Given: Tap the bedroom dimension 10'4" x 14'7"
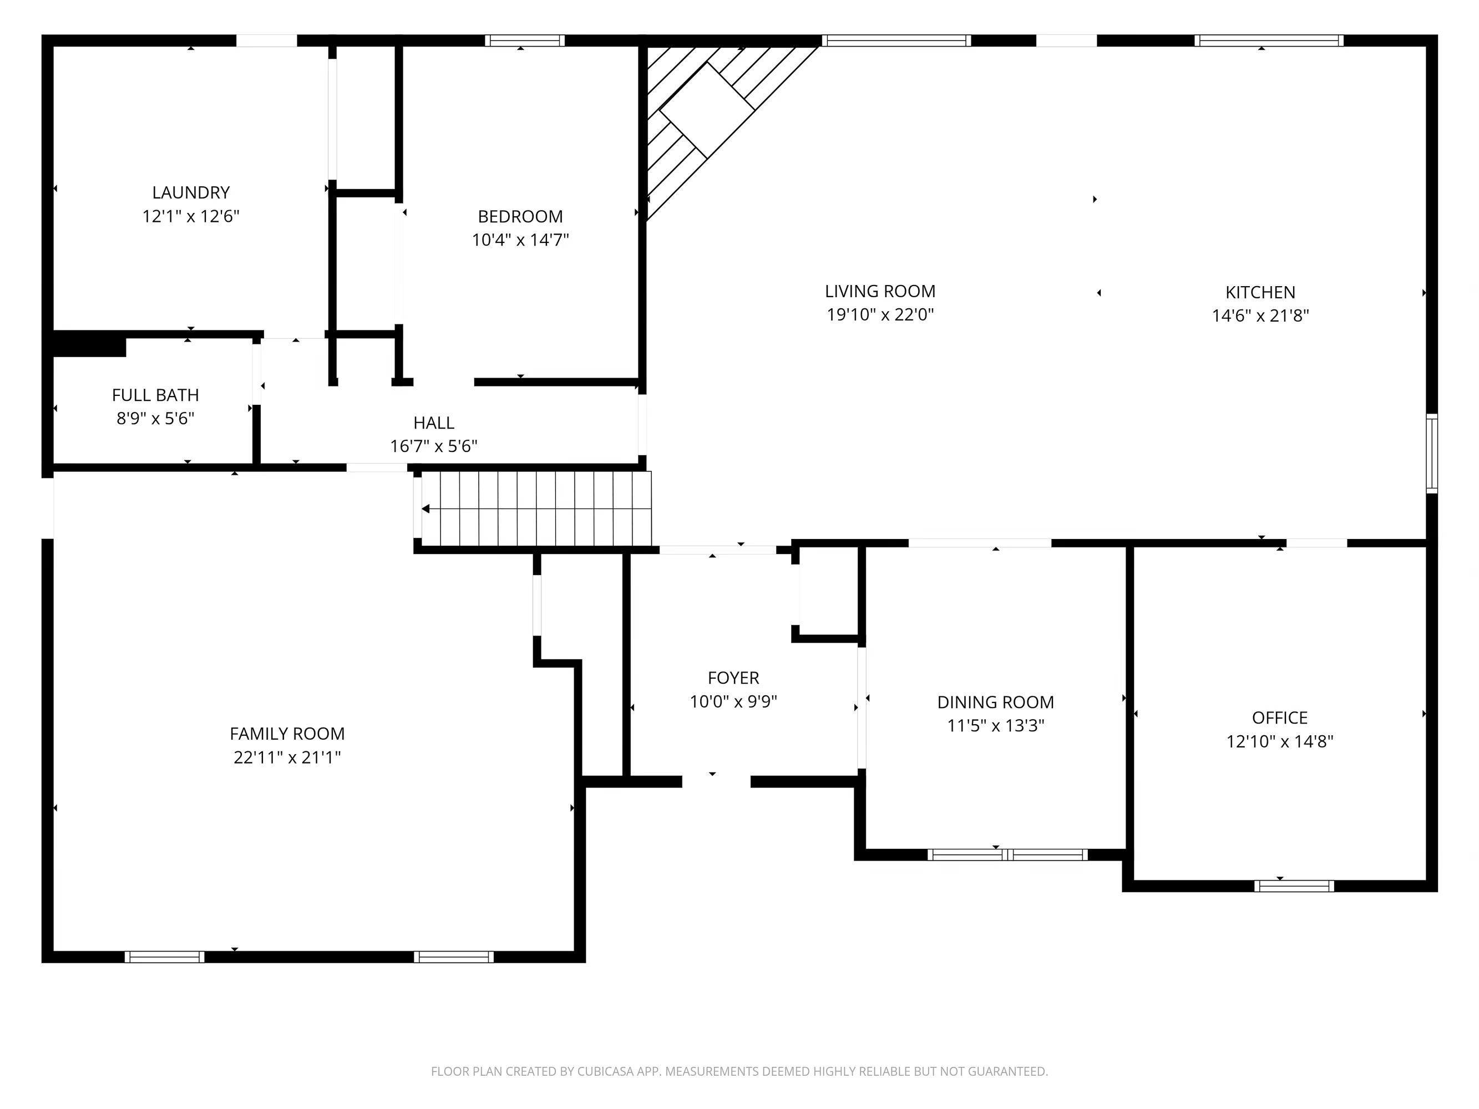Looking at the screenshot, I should (x=520, y=240).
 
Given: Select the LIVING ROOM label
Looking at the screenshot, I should (x=880, y=292).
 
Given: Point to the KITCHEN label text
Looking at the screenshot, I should (x=1260, y=292).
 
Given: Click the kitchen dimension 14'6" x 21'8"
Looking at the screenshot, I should (x=1260, y=316).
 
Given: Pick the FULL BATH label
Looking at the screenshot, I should (x=155, y=395).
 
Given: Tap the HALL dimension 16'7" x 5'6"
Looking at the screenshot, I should (x=433, y=446).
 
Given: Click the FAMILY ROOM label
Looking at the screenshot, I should (x=287, y=733).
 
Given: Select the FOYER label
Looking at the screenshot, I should (x=733, y=678).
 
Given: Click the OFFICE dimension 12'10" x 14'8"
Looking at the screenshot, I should (x=1279, y=741).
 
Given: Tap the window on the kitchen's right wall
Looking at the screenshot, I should (x=1431, y=453).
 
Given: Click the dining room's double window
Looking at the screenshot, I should (x=1007, y=854).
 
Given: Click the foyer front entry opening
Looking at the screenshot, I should (x=716, y=781).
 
